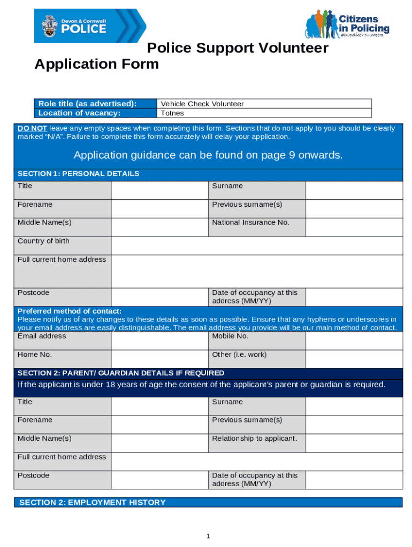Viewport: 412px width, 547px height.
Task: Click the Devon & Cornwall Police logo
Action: click(x=90, y=26)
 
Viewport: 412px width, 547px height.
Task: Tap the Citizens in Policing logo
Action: click(x=347, y=24)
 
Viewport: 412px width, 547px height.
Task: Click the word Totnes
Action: click(x=172, y=113)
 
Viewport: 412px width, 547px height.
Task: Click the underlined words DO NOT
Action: click(x=32, y=128)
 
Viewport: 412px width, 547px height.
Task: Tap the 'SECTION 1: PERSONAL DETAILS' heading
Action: click(x=78, y=174)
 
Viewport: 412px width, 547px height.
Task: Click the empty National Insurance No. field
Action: click(x=354, y=227)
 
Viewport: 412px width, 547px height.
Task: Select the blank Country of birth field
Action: click(x=257, y=246)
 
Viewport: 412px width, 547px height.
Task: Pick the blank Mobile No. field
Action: click(x=354, y=341)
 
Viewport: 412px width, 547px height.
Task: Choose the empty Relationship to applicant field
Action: click(x=354, y=443)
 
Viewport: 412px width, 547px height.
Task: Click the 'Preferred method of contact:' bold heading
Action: click(x=70, y=311)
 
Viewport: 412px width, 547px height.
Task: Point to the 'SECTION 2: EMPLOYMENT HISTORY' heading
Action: click(x=92, y=502)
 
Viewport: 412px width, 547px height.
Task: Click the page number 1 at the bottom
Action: click(x=208, y=536)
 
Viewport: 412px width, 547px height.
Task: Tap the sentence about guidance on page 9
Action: click(x=208, y=155)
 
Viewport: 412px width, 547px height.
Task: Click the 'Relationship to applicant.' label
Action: click(x=254, y=439)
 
